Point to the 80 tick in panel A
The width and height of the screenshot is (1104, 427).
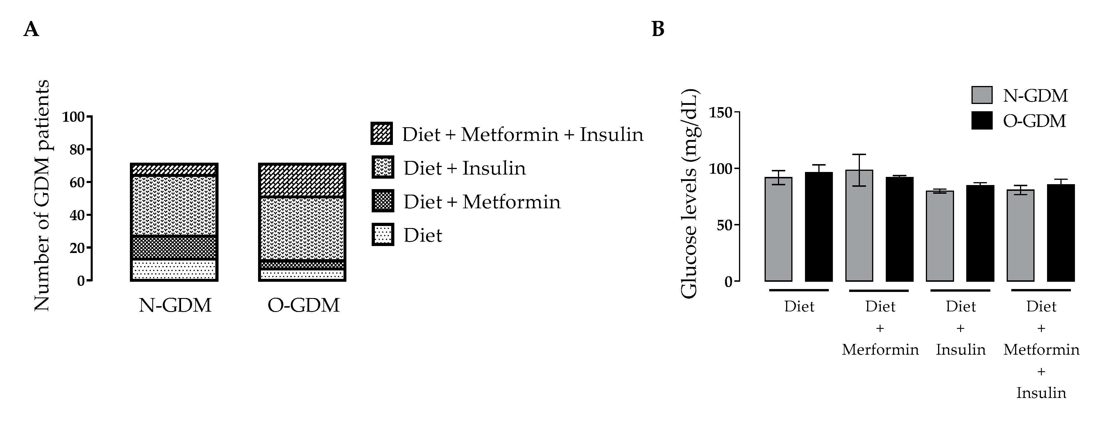pos(78,150)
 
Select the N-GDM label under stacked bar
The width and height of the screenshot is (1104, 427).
pos(175,305)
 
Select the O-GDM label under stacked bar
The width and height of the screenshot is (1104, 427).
pos(303,305)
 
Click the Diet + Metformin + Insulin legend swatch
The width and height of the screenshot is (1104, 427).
pos(382,134)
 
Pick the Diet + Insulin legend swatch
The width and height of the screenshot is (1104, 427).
pos(382,167)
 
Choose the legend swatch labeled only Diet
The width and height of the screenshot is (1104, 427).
pos(382,235)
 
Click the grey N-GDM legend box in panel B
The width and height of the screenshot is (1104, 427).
pos(981,95)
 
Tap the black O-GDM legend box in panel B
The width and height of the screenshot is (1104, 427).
pos(981,121)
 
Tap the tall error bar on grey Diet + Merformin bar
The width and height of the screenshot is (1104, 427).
pos(859,170)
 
